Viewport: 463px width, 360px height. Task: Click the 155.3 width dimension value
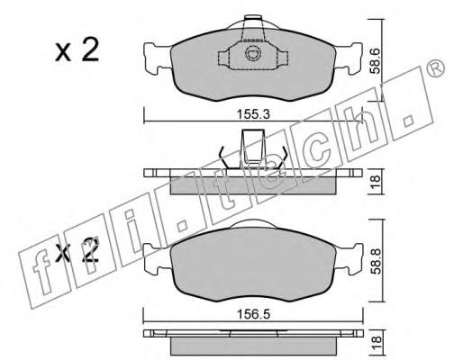tap(253, 114)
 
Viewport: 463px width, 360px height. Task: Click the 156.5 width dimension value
tap(253, 314)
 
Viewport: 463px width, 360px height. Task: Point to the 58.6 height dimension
tap(375, 61)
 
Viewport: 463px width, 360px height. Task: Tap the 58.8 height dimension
tap(377, 261)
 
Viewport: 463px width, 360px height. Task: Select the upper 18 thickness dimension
tap(375, 182)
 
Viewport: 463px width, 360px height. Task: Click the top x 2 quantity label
tap(77, 50)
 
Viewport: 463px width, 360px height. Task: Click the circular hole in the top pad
tap(252, 54)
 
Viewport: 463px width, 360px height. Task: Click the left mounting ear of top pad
tap(157, 58)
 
